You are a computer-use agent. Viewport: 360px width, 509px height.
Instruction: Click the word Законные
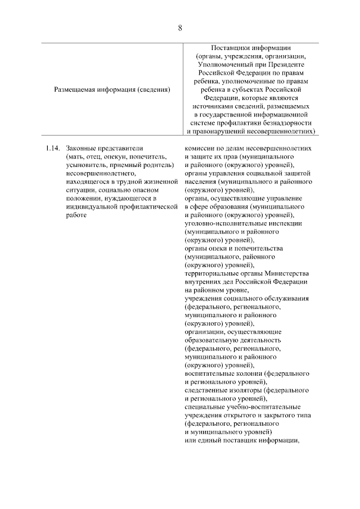79,148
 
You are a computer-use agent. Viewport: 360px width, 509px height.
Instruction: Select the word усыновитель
84,165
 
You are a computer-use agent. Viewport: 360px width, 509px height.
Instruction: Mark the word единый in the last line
205,440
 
